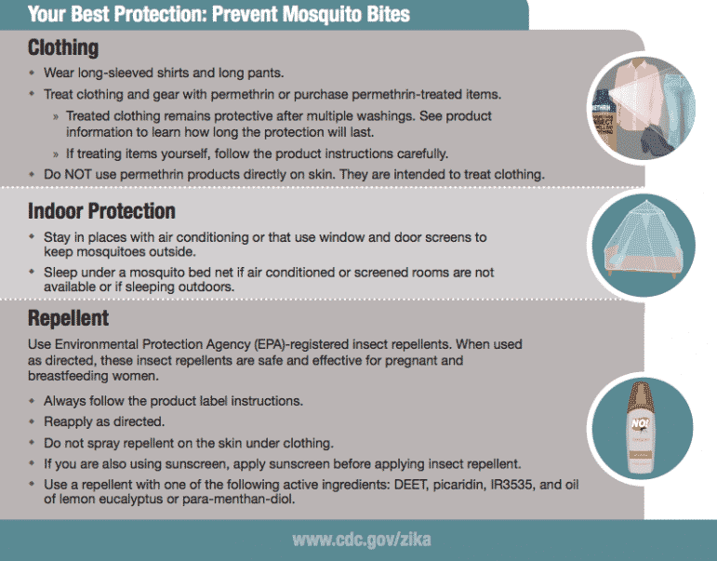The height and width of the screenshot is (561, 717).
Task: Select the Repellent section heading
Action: click(x=68, y=319)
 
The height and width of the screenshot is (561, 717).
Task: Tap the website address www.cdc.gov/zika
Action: click(x=361, y=540)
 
